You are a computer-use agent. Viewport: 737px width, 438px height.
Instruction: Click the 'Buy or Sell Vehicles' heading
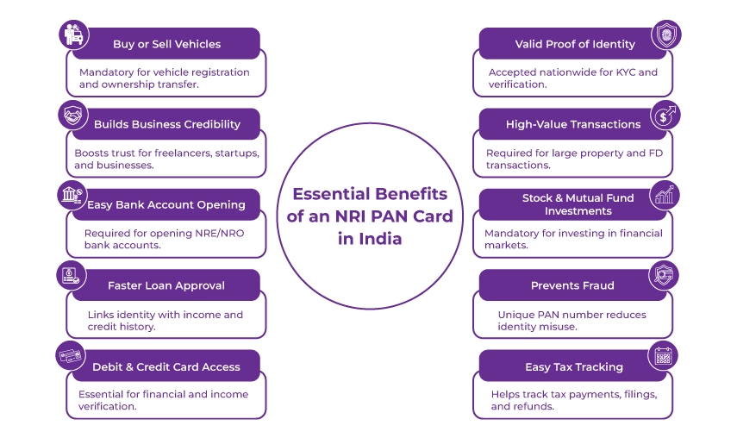pos(166,44)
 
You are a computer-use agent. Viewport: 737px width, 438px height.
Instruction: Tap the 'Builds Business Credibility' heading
pos(166,124)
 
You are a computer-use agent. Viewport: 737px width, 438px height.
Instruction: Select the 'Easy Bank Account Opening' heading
pos(166,205)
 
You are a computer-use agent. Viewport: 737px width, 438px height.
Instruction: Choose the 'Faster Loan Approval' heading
pos(166,285)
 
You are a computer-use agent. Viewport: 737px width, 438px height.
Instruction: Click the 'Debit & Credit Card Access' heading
pos(166,366)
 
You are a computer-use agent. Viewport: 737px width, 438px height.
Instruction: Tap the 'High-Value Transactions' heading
pos(573,124)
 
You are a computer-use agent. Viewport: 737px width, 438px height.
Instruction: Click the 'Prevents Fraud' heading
pos(573,285)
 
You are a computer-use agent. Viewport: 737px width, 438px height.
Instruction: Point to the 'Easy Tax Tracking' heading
pos(573,366)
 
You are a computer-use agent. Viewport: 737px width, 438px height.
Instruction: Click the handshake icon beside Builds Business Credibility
pos(71,114)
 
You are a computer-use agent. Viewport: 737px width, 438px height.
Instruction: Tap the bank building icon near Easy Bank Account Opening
pos(71,195)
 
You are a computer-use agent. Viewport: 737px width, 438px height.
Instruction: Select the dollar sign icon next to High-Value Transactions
pos(665,114)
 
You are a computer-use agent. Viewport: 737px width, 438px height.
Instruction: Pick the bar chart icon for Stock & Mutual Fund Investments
pos(665,195)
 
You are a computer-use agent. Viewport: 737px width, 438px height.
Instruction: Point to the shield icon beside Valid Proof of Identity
pos(664,34)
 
